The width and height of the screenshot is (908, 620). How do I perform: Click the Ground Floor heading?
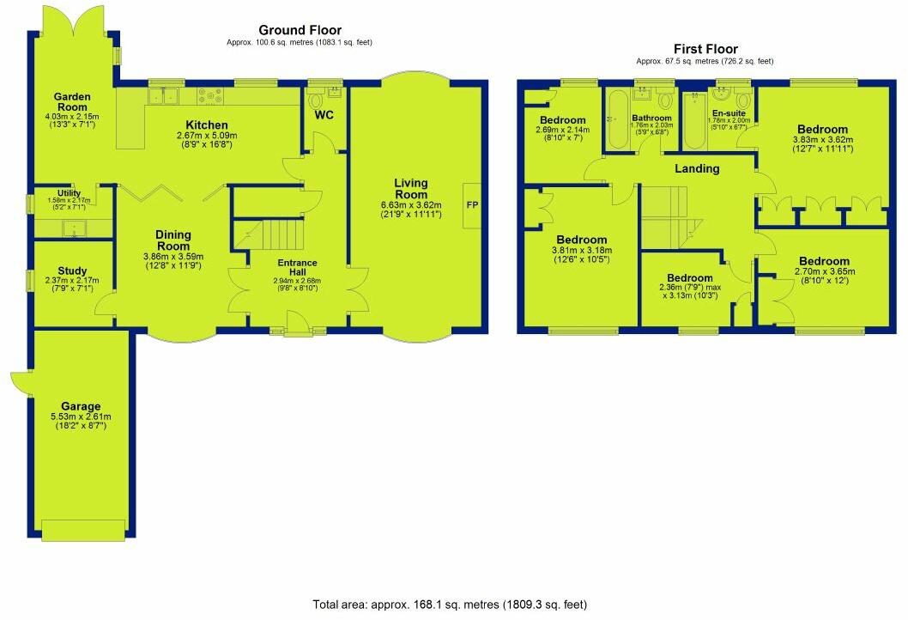(x=299, y=31)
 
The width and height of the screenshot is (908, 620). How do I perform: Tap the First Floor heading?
(x=705, y=50)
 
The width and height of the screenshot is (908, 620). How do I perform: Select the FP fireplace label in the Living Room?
(x=472, y=206)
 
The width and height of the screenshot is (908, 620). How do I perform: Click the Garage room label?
(x=81, y=406)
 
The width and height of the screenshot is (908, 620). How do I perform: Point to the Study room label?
(x=73, y=270)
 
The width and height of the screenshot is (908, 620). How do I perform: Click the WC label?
(x=324, y=115)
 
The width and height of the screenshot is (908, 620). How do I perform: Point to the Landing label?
(x=696, y=169)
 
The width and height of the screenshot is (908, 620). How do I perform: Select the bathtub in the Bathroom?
(x=615, y=120)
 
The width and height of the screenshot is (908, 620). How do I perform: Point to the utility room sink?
(x=74, y=229)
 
